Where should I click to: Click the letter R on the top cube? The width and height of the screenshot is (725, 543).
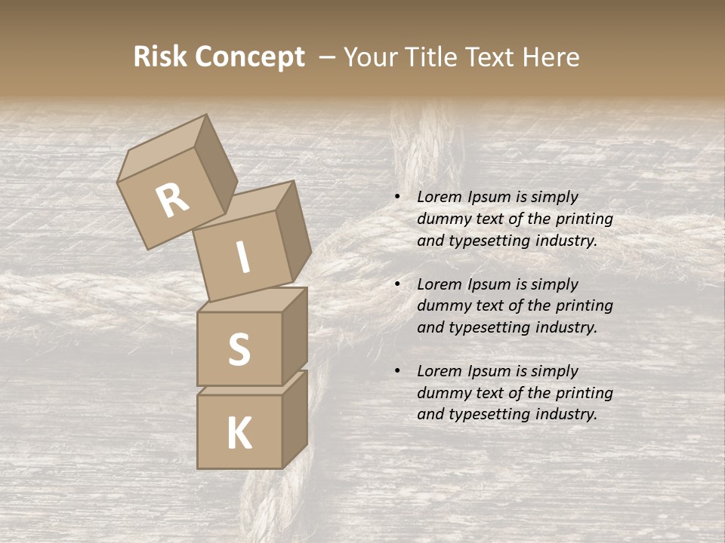tap(172, 200)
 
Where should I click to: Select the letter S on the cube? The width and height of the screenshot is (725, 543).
tap(239, 349)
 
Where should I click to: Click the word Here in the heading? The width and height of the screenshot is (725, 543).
tap(551, 57)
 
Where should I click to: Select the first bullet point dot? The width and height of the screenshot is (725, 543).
tap(397, 198)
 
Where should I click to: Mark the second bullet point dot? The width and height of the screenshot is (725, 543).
tap(397, 285)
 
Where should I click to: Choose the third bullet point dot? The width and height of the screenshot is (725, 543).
tap(397, 372)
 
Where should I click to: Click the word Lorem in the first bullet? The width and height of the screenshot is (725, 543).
tap(439, 198)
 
